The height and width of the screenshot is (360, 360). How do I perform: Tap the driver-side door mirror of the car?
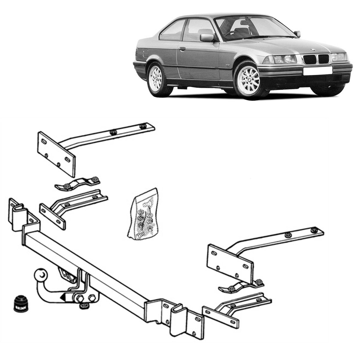[x=207, y=37]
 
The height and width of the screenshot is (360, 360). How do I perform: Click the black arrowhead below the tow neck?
[x=63, y=298]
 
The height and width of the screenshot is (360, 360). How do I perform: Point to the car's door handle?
[x=182, y=49]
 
